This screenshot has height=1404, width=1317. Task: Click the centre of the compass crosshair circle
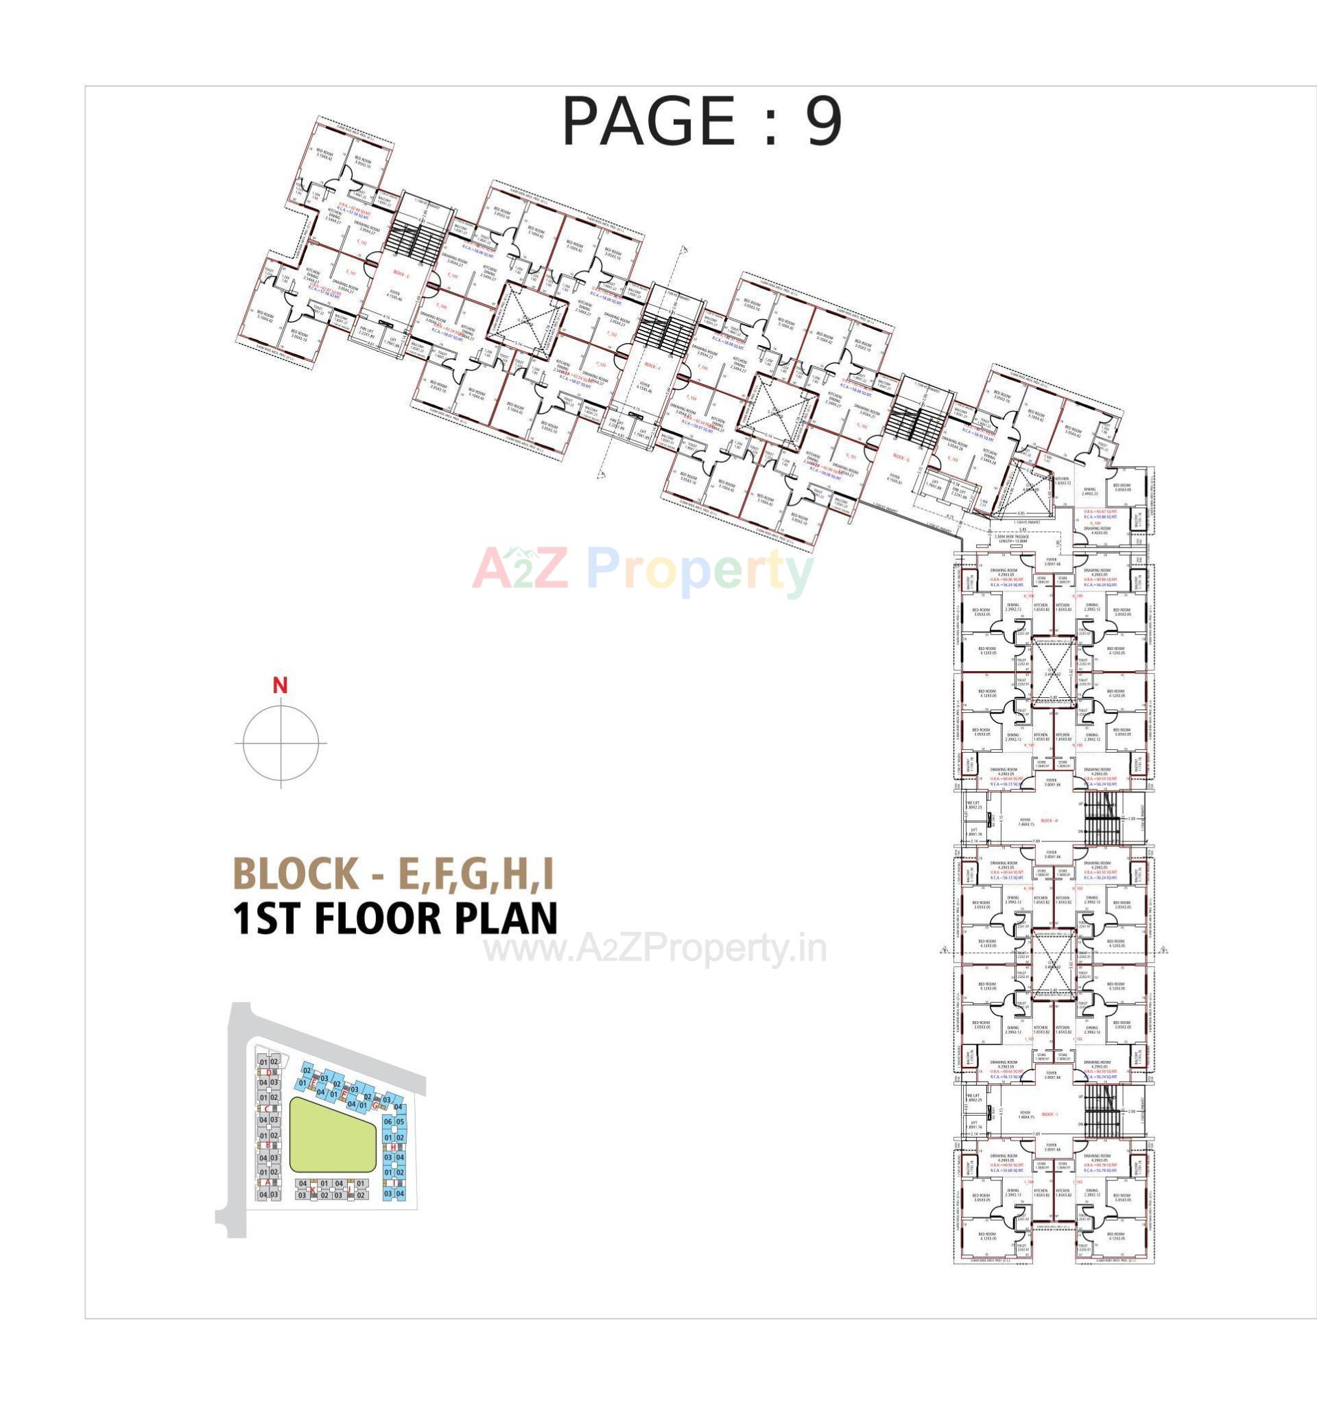[281, 743]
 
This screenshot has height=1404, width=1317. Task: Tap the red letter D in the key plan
[269, 1072]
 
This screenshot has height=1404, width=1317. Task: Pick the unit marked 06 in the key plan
[388, 1122]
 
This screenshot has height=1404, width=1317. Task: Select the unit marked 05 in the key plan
[400, 1122]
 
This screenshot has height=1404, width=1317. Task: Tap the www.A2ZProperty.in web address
[654, 950]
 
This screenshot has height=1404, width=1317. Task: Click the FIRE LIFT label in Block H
[972, 804]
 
